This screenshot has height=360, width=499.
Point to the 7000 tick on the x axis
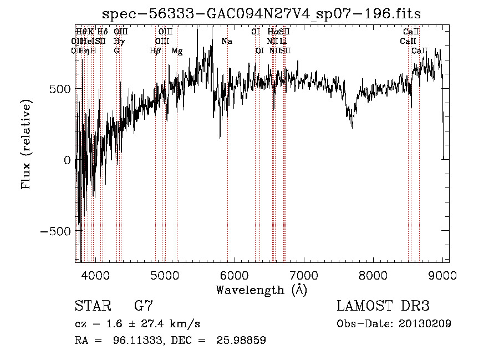point(304,276)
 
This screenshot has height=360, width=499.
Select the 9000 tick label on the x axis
point(442,276)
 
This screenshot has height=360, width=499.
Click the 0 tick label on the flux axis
point(67,160)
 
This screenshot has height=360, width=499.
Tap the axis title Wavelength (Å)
point(261,290)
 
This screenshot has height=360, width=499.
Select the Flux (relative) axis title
point(26,144)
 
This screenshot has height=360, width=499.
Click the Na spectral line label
point(227,42)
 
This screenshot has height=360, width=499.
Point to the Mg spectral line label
point(177,51)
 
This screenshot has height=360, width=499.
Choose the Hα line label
point(273,32)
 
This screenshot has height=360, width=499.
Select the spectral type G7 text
point(144,306)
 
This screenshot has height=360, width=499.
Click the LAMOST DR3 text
point(383,306)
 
